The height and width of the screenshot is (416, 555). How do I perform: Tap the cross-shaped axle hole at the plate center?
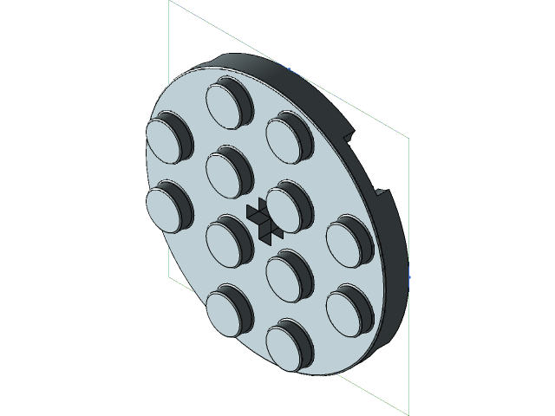click(261, 218)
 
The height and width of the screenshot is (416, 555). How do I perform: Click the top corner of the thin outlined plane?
click(169, 2)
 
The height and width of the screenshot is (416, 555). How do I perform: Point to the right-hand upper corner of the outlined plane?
click(407, 138)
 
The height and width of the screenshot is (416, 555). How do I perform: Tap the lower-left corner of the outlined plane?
click(169, 279)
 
